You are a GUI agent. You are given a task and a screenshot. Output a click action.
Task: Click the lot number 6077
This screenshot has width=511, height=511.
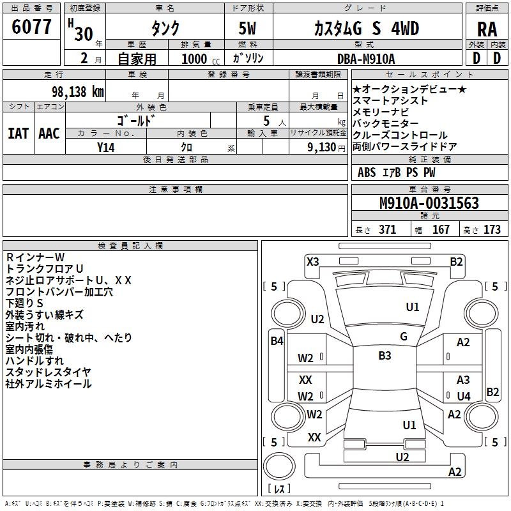pos(32,28)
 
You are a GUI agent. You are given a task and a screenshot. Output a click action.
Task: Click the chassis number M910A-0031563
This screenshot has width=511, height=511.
pos(429,203)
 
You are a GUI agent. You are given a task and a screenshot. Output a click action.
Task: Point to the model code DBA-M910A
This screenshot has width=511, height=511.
pos(367,59)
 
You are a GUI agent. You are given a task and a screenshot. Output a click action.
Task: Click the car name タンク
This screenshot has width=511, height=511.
pos(164,28)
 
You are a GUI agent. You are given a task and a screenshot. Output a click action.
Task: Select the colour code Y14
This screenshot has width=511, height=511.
pos(105,146)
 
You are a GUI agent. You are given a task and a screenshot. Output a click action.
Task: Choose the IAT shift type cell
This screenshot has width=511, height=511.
pos(18,133)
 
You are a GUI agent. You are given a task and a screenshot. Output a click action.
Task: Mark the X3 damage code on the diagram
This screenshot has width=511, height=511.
pos(313,261)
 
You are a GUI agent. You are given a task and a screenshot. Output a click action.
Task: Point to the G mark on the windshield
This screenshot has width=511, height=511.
pos(404,337)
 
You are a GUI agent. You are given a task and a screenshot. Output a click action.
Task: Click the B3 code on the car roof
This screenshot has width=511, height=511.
pos(385,356)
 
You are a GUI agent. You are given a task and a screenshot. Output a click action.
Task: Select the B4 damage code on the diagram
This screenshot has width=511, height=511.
pos(277,341)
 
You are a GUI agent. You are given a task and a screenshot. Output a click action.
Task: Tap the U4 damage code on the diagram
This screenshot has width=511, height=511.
pos(464,396)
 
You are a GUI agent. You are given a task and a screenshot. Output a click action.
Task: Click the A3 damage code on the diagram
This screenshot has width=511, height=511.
pos(464,380)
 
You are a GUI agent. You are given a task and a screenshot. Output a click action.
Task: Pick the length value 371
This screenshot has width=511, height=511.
pos(387,230)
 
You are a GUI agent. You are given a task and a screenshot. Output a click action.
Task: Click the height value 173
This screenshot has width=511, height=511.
pos(492,230)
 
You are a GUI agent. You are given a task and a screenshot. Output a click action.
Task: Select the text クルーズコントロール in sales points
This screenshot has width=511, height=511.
pos(400,135)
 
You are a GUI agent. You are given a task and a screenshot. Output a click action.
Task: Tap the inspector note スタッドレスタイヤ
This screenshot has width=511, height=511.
pos(48,372)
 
